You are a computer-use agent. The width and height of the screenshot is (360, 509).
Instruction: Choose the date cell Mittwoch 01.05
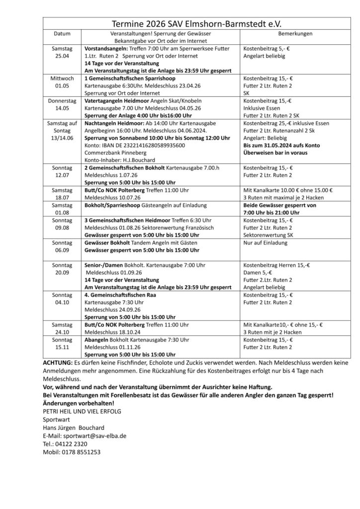click(63, 83)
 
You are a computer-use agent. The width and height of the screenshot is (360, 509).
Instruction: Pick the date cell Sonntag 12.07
click(63, 171)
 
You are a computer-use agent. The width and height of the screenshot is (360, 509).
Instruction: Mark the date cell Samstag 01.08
click(63, 208)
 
